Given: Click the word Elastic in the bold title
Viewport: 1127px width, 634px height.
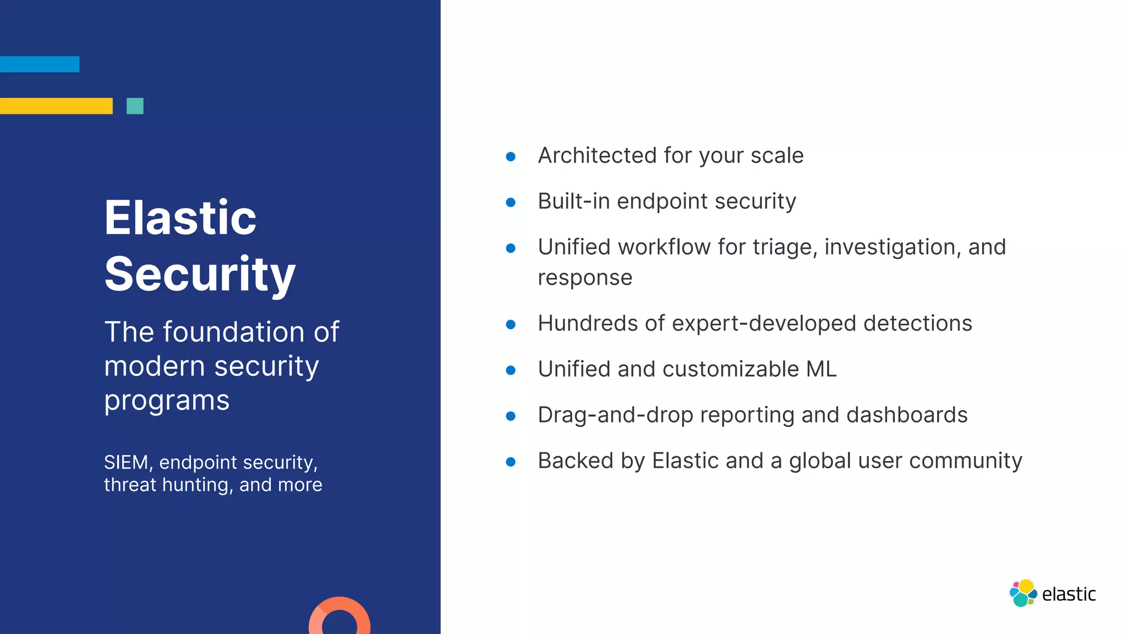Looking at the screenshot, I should tap(180, 218).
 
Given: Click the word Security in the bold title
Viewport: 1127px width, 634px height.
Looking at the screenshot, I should tap(200, 274).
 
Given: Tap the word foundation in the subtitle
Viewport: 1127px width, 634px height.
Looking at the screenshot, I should tap(233, 332).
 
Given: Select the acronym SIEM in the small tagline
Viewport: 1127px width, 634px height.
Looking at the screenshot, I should tap(126, 462).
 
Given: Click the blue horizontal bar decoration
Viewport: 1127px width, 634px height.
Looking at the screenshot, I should tap(40, 64).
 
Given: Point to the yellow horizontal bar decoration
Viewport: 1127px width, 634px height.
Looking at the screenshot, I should tap(56, 106).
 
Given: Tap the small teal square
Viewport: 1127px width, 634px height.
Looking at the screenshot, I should tap(135, 106).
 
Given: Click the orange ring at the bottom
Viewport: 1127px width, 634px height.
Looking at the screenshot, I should tap(340, 616).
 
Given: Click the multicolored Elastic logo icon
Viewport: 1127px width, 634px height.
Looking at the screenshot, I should tap(1023, 593).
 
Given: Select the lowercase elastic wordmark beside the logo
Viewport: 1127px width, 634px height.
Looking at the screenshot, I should tap(1069, 594).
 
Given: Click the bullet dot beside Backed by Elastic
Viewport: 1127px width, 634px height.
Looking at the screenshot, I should tap(511, 462).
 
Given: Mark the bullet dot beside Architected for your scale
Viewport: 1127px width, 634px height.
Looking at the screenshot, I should tap(511, 157).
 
